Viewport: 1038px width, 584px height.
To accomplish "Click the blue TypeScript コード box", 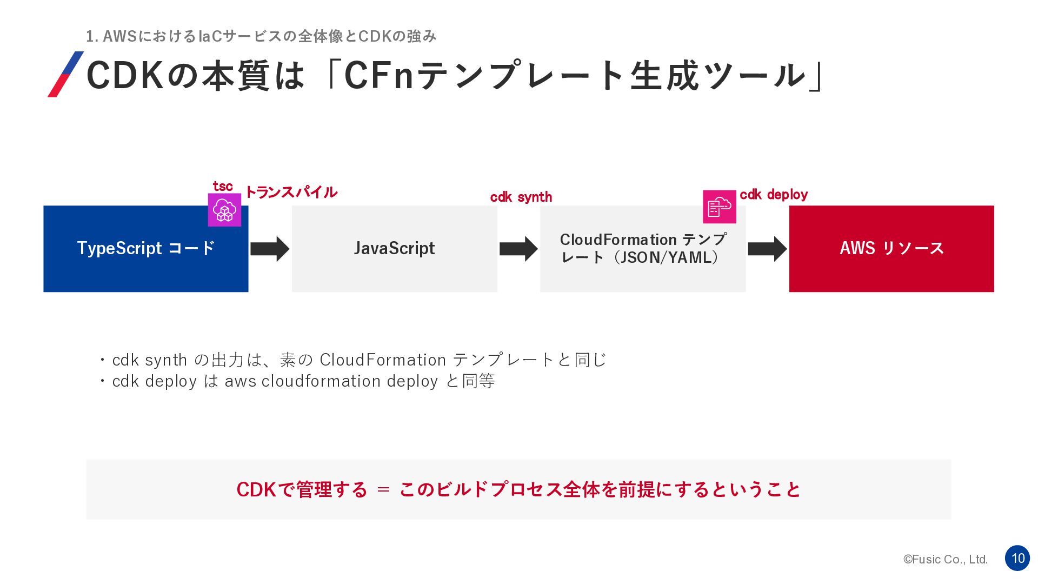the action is (x=146, y=249).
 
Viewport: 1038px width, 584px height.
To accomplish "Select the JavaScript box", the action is (x=395, y=249).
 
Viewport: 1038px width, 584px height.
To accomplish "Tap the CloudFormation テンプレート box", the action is (x=643, y=249).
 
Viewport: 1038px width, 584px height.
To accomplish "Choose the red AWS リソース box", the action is (x=891, y=249).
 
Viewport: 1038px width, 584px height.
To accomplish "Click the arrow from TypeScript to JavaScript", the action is (x=270, y=249).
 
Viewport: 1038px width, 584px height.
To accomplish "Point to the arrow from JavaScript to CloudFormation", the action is (x=518, y=249).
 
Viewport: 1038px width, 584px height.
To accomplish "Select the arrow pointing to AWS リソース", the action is (x=767, y=249).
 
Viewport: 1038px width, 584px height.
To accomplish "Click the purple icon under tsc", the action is (x=224, y=210).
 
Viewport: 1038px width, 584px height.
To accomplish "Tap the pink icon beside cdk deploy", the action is (x=720, y=207).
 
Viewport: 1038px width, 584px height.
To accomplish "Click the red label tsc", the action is (x=223, y=186).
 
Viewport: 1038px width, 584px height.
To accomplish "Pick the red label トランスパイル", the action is (x=291, y=192).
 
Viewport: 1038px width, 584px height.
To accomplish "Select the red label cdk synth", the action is (x=521, y=197).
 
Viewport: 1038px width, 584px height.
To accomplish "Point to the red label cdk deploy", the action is (x=774, y=195).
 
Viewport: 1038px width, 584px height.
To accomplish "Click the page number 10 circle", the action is (x=1017, y=558).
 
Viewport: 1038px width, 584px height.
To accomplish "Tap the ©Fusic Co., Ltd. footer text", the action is (x=946, y=560).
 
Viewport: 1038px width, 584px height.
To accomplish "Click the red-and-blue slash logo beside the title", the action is (x=66, y=74).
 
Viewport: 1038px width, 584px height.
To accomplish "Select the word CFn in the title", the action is (x=380, y=75).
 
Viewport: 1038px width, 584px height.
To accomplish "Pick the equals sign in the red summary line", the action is (x=383, y=489).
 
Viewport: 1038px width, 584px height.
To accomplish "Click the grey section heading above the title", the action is (x=261, y=36).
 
